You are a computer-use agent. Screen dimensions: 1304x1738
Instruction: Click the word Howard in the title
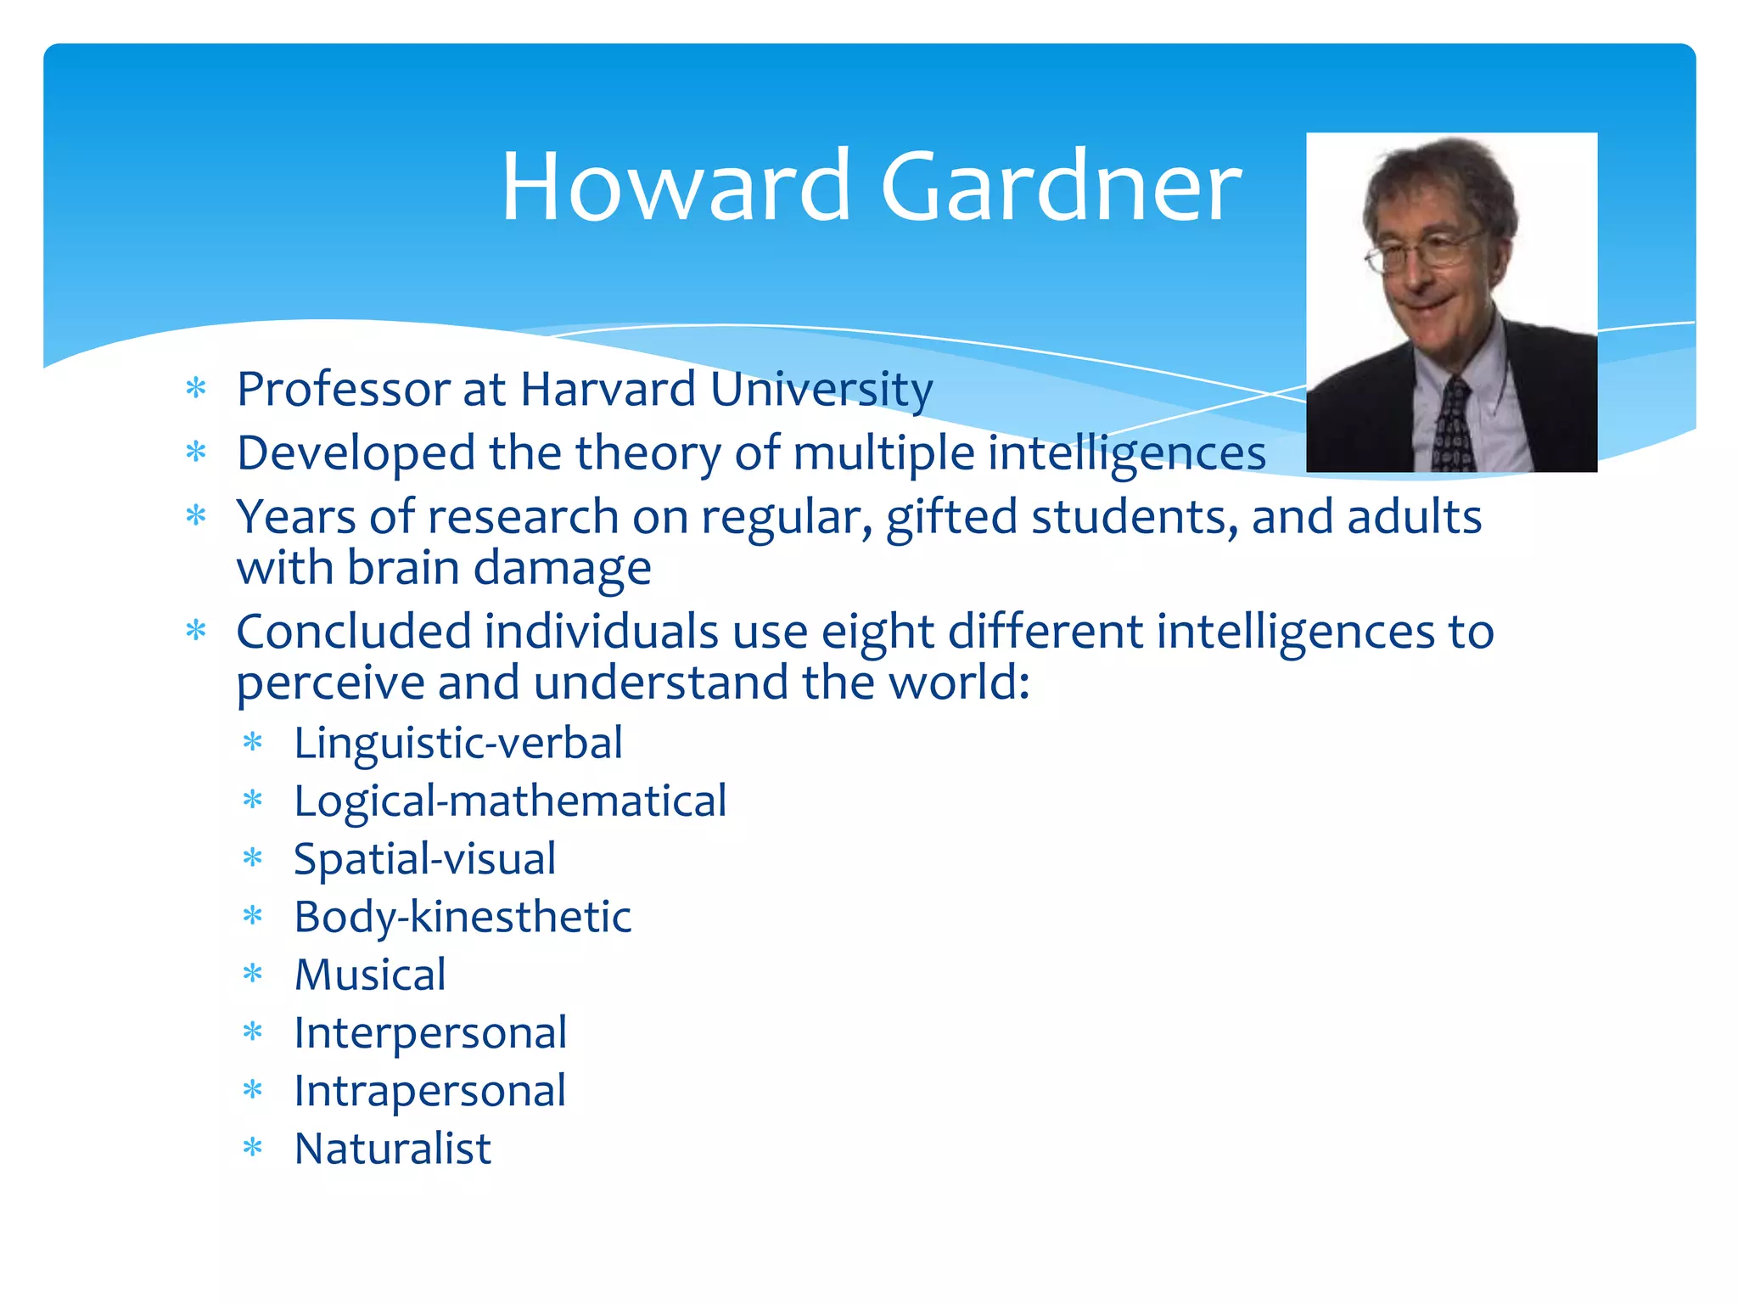675,187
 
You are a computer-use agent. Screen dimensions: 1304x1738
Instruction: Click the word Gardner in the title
1061,187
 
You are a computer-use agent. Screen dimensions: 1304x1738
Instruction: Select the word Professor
343,390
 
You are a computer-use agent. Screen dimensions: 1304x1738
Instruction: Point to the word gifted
951,518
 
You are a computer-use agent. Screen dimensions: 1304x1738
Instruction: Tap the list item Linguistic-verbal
458,743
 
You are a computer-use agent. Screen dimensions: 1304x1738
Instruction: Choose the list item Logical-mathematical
510,801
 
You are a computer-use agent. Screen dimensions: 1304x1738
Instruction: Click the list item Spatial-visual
424,859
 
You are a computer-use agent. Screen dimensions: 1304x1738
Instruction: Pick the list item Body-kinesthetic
463,917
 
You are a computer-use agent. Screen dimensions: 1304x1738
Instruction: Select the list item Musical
370,975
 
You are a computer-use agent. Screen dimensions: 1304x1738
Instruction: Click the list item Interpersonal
430,1033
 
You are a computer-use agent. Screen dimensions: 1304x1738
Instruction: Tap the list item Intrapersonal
429,1091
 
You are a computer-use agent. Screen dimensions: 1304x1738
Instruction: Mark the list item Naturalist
393,1149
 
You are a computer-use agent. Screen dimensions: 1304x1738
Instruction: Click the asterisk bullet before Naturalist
253,1149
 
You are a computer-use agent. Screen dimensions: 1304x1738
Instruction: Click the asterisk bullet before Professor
196,389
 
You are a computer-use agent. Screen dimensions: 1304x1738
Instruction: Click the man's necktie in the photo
1453,424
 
